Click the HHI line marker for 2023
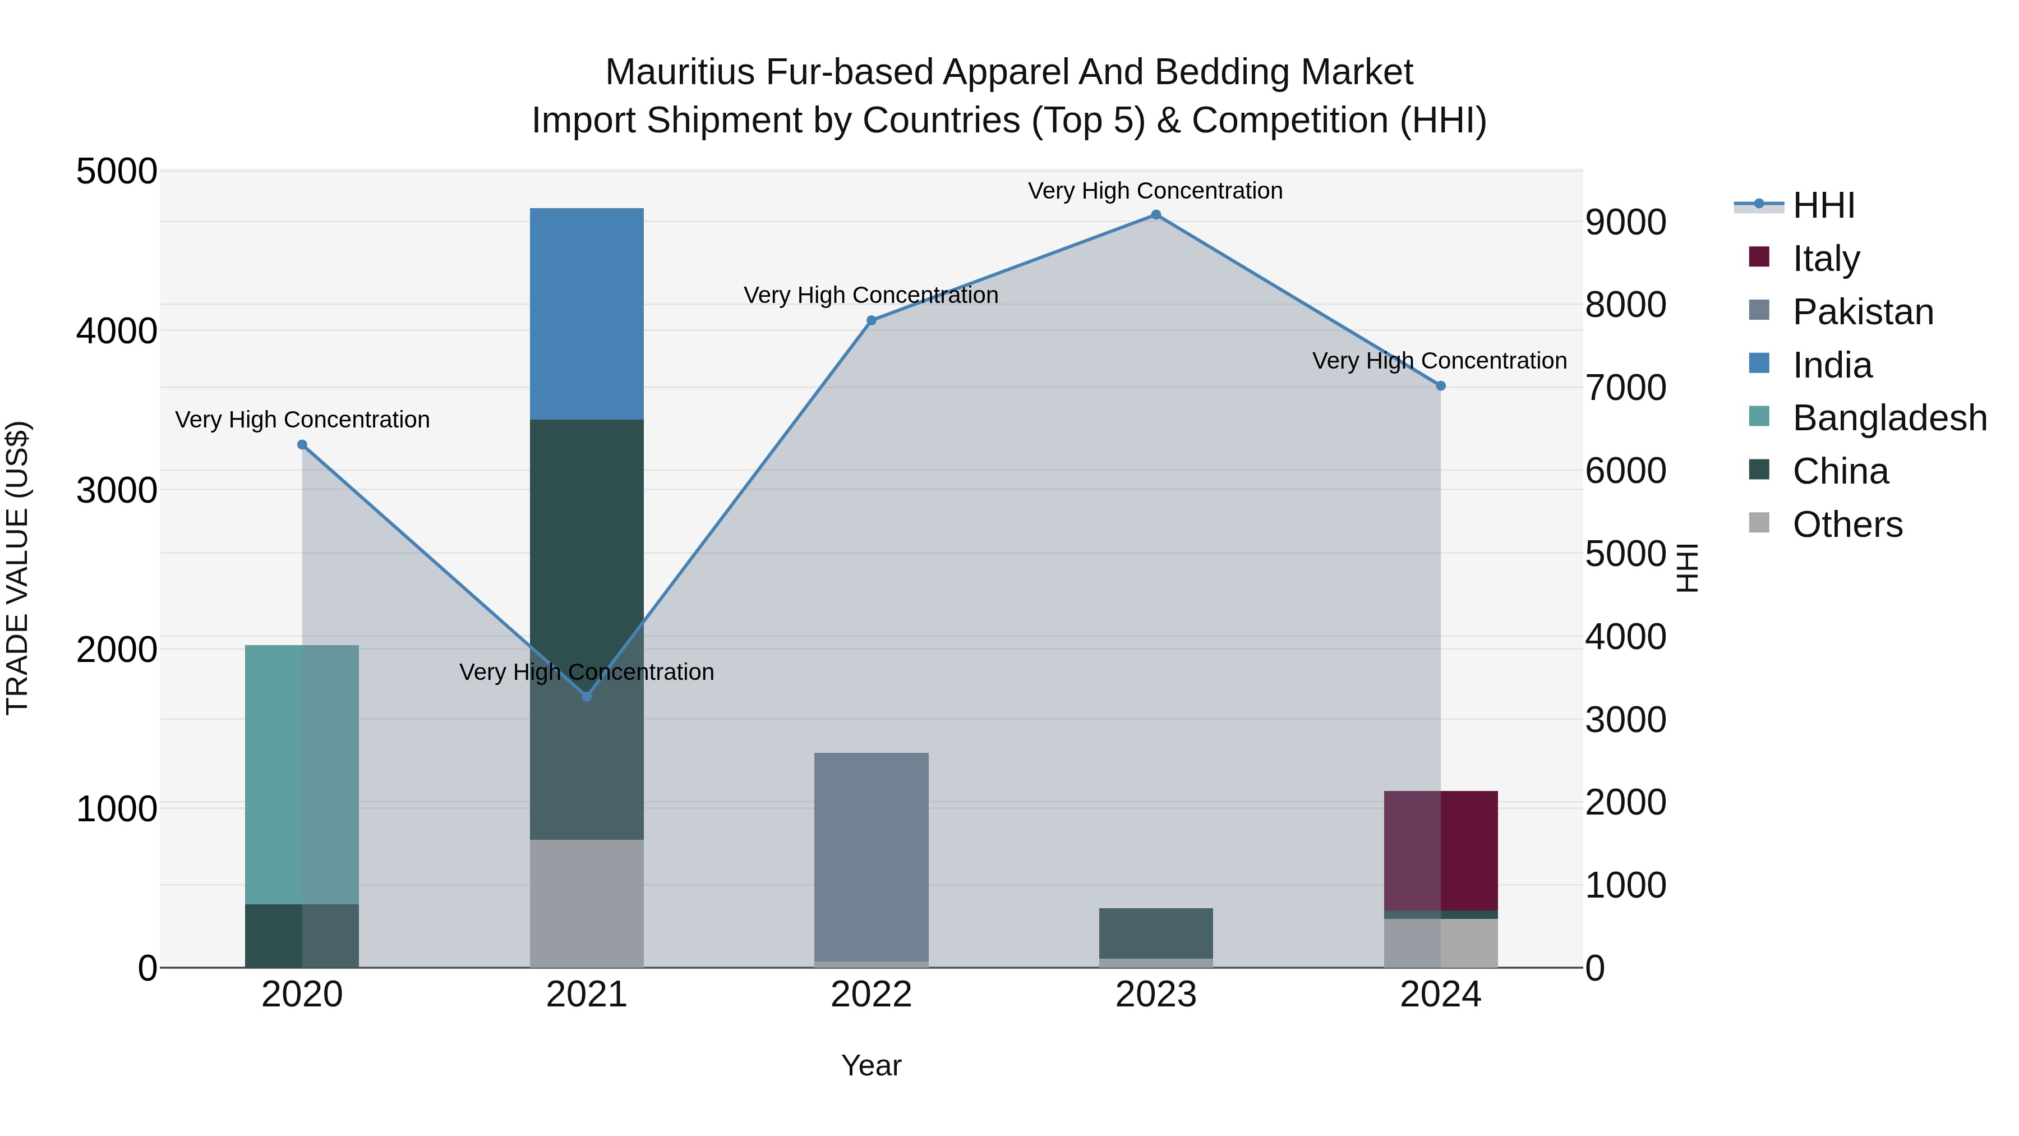[x=1155, y=215]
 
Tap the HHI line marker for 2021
[x=586, y=696]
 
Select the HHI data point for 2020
[x=302, y=444]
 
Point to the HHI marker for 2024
[x=1441, y=386]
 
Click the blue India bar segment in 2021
[x=586, y=314]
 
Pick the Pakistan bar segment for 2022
[x=871, y=856]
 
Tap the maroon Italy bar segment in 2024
[x=1441, y=850]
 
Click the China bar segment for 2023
[x=1155, y=933]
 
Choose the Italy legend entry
[x=1826, y=259]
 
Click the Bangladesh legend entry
[x=1889, y=418]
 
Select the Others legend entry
[x=1847, y=525]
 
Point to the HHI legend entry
[x=1823, y=205]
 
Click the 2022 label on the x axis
[x=871, y=995]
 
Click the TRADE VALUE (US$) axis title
[x=17, y=568]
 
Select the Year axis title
[x=871, y=1065]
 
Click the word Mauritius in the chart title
[x=680, y=72]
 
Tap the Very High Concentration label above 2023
[x=1155, y=191]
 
